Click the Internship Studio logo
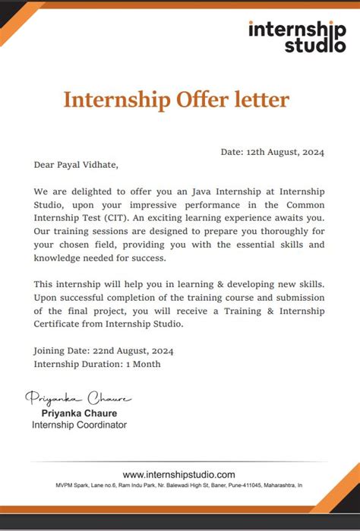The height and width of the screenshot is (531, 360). pyautogui.click(x=296, y=36)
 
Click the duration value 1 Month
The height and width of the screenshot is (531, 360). pyautogui.click(x=143, y=364)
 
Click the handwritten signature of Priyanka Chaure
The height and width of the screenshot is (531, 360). pyautogui.click(x=78, y=398)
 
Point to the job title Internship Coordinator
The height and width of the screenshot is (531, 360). pyautogui.click(x=79, y=425)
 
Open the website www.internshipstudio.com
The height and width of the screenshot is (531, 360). pyautogui.click(x=179, y=474)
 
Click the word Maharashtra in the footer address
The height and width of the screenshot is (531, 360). pyautogui.click(x=277, y=485)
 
